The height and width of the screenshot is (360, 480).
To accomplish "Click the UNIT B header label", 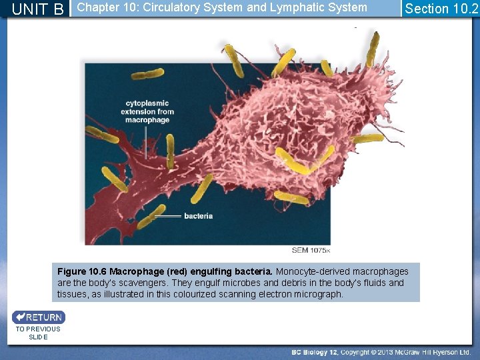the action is [x=39, y=9].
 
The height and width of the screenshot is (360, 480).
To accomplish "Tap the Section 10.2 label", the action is [x=441, y=9].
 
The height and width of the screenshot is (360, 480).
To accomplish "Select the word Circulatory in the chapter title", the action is [x=171, y=8].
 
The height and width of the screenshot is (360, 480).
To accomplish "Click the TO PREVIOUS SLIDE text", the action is [x=38, y=333].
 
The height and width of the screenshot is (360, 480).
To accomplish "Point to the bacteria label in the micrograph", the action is [x=198, y=216].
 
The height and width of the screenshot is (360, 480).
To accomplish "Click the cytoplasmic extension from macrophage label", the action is [x=147, y=111].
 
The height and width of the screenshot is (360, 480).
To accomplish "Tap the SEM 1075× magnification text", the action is [x=311, y=250].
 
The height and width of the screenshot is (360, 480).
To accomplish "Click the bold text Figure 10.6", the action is [x=81, y=271].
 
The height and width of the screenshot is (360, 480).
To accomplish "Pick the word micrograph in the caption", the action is [x=317, y=294].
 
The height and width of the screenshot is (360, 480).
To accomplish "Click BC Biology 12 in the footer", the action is [x=315, y=352].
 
